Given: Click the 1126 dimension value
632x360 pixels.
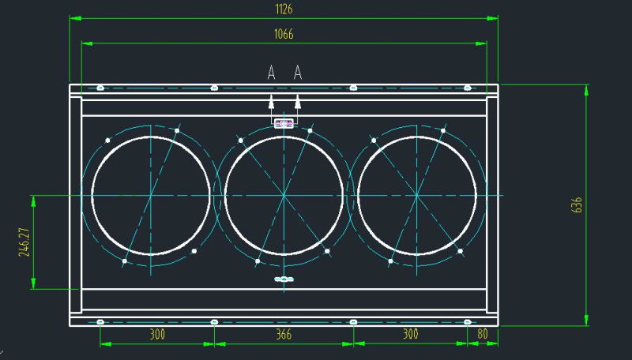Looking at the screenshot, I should coord(284,9).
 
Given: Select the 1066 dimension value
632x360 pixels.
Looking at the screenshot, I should coord(284,34).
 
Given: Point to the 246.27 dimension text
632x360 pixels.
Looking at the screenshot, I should coord(24,243).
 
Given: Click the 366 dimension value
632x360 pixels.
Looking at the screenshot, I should coord(284,335).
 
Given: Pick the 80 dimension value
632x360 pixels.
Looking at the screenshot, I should coord(483,335).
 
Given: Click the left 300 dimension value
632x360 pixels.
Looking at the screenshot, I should coord(157,335).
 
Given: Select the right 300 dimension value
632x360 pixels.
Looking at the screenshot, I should coord(410,335).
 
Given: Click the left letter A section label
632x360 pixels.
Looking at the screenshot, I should coord(271,73).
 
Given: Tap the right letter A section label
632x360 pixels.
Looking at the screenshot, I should coord(298,73).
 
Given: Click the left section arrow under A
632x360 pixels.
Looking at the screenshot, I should coord(271,100).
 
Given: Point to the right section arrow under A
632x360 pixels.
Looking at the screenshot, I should coord(298,100).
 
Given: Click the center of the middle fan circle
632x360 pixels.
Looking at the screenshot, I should coord(284,195).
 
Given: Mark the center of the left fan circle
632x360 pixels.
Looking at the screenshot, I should coord(151,195).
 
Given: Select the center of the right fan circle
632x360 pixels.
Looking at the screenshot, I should coord(417,195).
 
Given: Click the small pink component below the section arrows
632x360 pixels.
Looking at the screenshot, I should coord(284,123).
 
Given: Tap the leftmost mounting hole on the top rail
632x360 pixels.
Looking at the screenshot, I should coord(100,88).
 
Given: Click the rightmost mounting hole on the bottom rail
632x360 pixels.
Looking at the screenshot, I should coord(467,321).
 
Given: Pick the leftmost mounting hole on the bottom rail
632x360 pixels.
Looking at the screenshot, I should coord(100,321).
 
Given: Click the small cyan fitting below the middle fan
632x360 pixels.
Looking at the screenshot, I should coord(284,279).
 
